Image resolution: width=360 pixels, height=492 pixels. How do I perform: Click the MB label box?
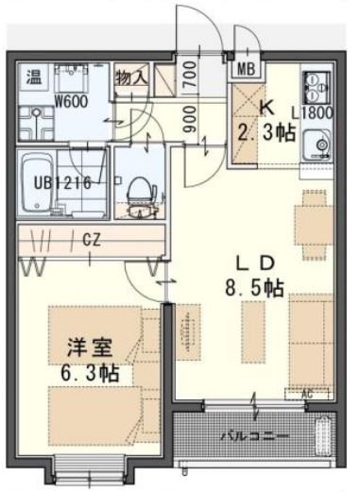247,67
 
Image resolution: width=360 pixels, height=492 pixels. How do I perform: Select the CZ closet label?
91,240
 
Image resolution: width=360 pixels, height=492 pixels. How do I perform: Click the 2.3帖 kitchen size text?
266,133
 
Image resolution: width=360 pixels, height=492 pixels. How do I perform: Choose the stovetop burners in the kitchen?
315,87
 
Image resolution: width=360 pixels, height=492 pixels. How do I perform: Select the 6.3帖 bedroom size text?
86,372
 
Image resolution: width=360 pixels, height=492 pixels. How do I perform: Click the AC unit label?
306,393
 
